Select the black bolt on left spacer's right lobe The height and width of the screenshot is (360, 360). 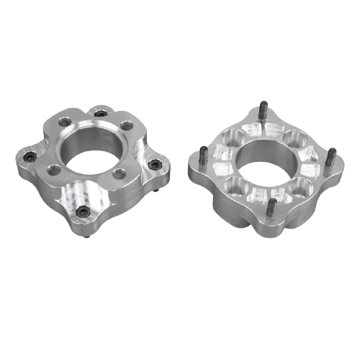(x=152, y=165)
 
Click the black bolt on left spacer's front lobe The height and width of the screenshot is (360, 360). (x=83, y=211)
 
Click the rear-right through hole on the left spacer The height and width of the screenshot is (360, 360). (x=127, y=125)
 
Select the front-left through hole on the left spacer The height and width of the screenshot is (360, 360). (x=53, y=170)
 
